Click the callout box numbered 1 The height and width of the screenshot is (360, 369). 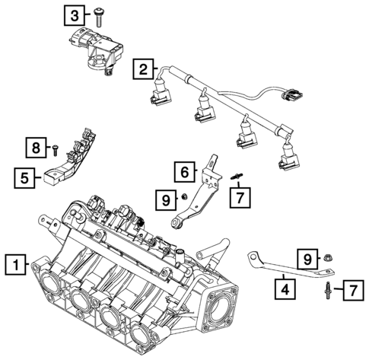[14, 266]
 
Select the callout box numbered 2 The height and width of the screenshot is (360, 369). [142, 71]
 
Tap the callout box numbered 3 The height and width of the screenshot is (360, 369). [75, 14]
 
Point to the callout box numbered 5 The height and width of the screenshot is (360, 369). [24, 178]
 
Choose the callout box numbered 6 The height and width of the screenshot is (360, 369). [183, 172]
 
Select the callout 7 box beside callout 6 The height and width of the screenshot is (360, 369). [240, 198]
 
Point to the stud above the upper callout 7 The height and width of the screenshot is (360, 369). [237, 178]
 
